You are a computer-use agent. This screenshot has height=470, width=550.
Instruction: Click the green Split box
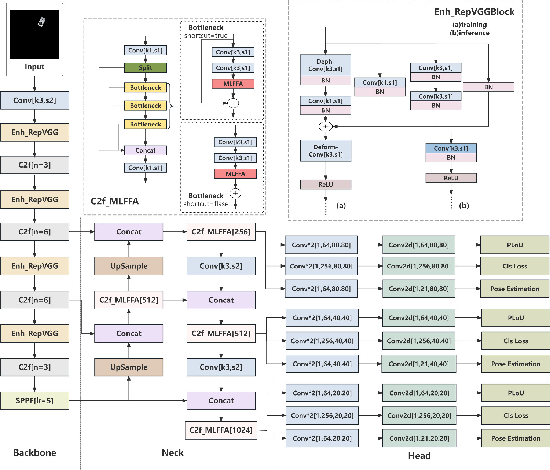145,67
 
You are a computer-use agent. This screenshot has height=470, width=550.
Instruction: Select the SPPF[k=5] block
34,400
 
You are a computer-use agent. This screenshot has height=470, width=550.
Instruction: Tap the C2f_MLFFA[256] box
221,232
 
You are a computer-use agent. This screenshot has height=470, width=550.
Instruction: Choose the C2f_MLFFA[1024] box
221,430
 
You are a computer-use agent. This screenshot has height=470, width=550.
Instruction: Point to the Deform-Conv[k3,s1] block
326,151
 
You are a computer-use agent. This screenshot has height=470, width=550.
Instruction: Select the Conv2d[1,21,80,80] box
419,289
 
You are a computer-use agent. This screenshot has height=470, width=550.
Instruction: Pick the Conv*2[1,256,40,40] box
322,341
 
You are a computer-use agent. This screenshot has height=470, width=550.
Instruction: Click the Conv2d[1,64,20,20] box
419,393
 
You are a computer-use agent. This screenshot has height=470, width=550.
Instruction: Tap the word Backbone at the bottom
35,453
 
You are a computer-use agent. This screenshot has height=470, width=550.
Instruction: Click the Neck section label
173,453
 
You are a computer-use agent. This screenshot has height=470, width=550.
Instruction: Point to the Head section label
419,456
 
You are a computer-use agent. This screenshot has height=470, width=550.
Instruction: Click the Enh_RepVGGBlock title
474,12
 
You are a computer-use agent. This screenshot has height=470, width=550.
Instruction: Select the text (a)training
470,25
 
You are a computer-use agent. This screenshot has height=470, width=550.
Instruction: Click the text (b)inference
470,33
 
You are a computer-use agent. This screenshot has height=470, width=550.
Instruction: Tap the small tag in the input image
41,22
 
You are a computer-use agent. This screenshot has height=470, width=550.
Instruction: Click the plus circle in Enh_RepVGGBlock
326,126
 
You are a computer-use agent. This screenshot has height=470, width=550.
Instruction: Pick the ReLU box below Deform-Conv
326,184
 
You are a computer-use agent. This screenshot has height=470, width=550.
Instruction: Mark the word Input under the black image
34,67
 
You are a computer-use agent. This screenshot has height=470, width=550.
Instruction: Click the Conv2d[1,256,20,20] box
419,415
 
